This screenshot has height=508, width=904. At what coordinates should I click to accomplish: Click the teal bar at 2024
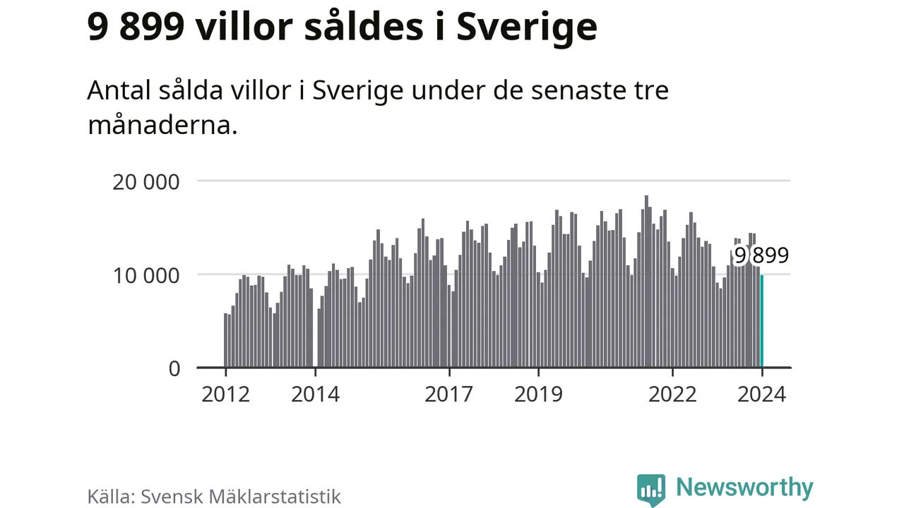[761, 322]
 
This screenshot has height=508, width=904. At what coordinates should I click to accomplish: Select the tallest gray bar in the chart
[646, 282]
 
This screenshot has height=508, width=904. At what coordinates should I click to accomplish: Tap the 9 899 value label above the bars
[761, 255]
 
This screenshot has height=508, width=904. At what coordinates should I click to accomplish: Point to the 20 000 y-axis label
[146, 181]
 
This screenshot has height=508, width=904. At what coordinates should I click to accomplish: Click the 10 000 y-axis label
[146, 275]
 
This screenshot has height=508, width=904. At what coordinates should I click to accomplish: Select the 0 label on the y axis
[174, 368]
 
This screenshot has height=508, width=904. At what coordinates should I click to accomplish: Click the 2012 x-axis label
[225, 394]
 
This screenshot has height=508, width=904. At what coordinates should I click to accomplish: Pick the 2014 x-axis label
[315, 394]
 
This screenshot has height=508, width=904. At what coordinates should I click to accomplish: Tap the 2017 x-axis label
[449, 394]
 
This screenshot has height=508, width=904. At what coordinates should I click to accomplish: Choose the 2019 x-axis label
[539, 394]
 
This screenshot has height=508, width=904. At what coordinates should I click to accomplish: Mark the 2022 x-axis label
[672, 394]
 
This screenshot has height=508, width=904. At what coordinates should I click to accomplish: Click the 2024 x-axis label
[761, 394]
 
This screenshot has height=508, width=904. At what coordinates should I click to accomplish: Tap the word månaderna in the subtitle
[162, 126]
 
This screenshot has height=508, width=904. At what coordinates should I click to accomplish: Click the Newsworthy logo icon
[650, 489]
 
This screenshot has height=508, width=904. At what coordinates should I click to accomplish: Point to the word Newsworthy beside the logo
[744, 488]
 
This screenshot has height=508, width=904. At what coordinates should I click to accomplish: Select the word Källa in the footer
[110, 496]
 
